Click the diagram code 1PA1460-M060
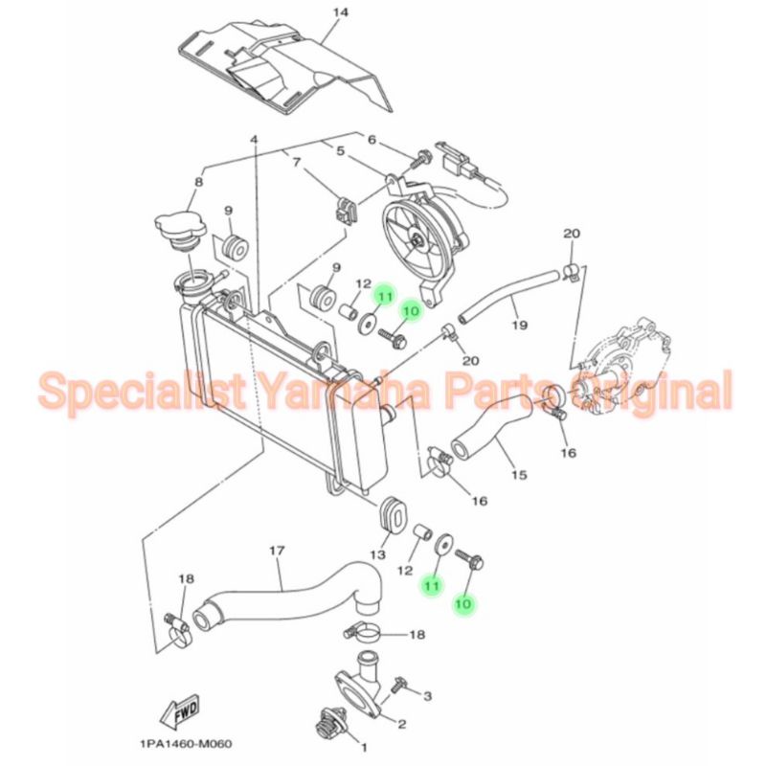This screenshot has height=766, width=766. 191,744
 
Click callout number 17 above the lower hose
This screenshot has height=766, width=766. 277,551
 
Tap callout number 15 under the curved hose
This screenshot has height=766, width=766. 518,474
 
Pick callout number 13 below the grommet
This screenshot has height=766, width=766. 377,554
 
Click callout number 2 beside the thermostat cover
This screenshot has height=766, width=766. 402,724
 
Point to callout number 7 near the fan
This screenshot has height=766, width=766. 297,163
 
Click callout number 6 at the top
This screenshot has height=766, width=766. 372,140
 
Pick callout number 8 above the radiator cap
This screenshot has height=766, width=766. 198,181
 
